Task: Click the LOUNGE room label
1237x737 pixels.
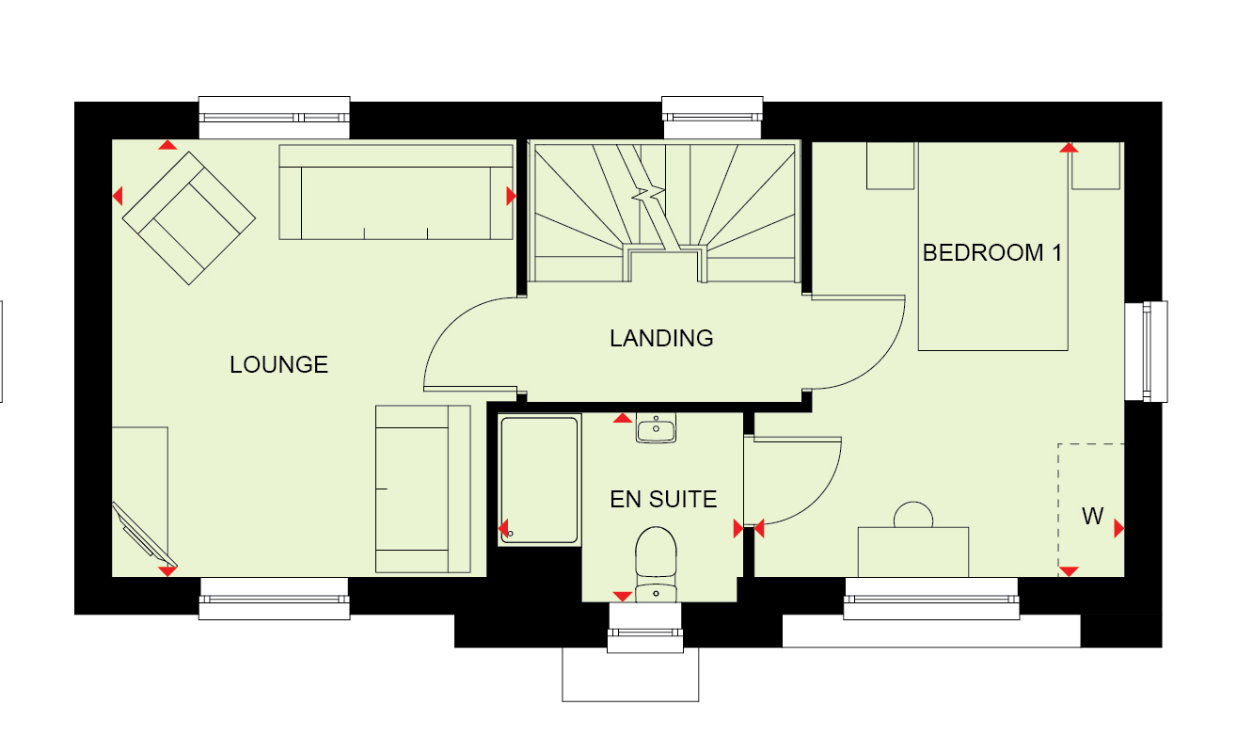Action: (x=278, y=364)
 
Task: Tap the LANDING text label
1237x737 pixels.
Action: (x=661, y=338)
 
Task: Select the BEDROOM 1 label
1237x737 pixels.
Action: (x=992, y=253)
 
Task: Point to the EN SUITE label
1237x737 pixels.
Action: (x=663, y=500)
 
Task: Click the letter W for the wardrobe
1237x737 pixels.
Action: (x=1093, y=517)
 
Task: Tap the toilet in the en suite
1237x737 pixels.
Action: (x=656, y=564)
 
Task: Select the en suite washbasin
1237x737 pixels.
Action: (x=656, y=427)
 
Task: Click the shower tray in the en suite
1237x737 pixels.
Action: (x=539, y=479)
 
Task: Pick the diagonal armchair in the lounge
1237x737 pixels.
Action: (x=189, y=218)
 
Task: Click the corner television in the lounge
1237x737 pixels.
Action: (x=145, y=535)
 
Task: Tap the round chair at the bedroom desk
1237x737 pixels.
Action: (x=913, y=515)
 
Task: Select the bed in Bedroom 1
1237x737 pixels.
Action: (x=993, y=247)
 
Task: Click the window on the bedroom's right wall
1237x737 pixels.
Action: (x=1147, y=351)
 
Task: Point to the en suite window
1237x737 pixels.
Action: (x=645, y=628)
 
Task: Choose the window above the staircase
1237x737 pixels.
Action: (x=712, y=118)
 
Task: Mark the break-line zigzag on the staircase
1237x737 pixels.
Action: (x=648, y=194)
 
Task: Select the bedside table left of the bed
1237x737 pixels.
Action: (x=890, y=166)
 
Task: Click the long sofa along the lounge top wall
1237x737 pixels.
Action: (x=396, y=192)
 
